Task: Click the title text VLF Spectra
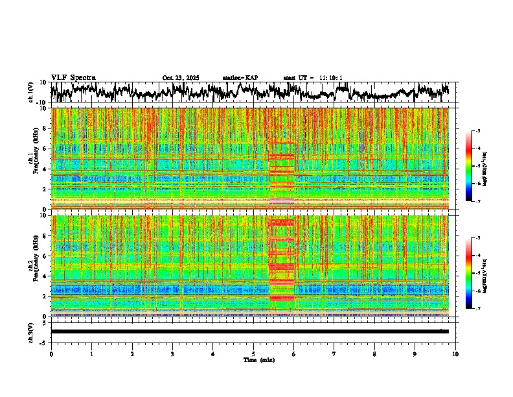click(x=73, y=78)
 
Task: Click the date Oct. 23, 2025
click(x=181, y=78)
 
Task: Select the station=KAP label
click(x=240, y=78)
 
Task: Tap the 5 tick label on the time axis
click(x=253, y=354)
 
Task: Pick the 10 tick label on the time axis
click(x=455, y=354)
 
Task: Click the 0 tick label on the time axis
click(x=51, y=354)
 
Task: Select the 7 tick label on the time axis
click(x=334, y=354)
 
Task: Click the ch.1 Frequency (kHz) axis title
click(x=34, y=158)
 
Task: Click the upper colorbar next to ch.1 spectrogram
click(x=475, y=166)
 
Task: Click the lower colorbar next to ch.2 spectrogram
click(x=475, y=273)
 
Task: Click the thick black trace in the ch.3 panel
click(x=249, y=331)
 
